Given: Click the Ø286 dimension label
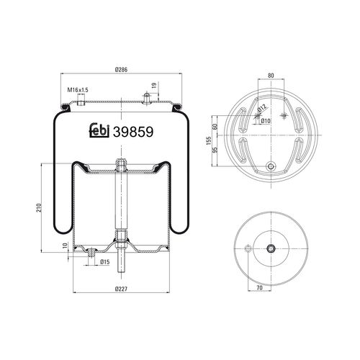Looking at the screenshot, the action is tap(121, 70).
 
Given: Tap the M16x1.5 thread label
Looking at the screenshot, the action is tap(78, 90).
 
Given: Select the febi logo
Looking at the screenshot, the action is tap(99, 130).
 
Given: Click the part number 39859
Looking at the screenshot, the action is tap(133, 132).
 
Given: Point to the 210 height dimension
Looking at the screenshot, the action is tap(39, 207).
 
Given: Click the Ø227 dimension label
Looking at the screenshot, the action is tap(121, 289).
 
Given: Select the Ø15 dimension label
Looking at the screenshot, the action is tap(104, 262).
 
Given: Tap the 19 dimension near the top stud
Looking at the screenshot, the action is tap(155, 85).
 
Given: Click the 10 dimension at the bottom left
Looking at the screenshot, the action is tap(65, 246).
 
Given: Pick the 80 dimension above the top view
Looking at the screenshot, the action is tap(271, 76).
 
